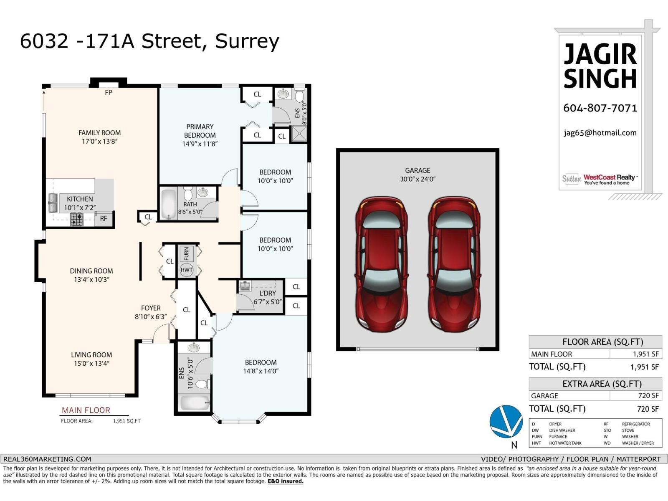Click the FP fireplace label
pyautogui.click(x=109, y=93)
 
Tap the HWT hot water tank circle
pyautogui.click(x=187, y=270)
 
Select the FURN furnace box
pyautogui.click(x=186, y=253)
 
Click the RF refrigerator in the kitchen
pyautogui.click(x=104, y=218)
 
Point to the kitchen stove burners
pyautogui.click(x=76, y=219)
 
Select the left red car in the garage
pyautogui.click(x=381, y=264)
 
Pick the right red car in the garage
pyautogui.click(x=454, y=264)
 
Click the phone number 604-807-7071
pyautogui.click(x=600, y=108)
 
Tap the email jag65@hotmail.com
pyautogui.click(x=600, y=133)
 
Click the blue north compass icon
pyautogui.click(x=506, y=421)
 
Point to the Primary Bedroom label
pyautogui.click(x=200, y=131)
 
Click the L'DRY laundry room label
pyautogui.click(x=267, y=293)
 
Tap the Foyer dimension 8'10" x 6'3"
pyautogui.click(x=150, y=317)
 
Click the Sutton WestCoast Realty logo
pyautogui.click(x=600, y=179)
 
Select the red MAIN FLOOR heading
pyautogui.click(x=86, y=410)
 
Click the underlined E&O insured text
pyautogui.click(x=286, y=481)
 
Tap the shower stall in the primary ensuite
pyautogui.click(x=299, y=134)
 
